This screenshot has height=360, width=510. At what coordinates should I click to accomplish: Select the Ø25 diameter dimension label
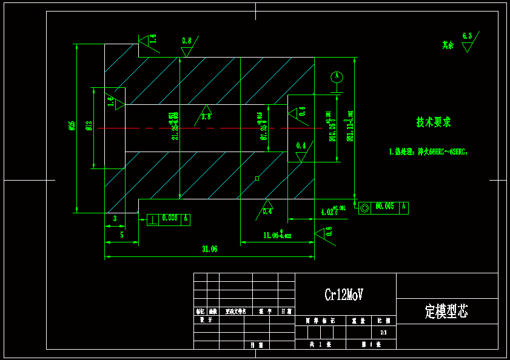72,125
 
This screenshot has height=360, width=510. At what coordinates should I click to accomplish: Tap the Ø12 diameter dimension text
89,125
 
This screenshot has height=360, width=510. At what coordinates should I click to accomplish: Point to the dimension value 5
122,235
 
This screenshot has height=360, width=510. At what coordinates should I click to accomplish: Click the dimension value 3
115,218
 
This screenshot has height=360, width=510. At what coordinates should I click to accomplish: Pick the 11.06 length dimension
277,235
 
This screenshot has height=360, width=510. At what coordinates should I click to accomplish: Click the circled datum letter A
337,77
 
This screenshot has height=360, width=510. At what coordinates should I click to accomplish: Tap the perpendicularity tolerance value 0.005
170,218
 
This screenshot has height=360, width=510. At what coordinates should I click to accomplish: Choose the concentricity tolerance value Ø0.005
384,207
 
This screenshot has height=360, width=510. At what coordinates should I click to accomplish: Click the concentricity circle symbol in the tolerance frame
364,208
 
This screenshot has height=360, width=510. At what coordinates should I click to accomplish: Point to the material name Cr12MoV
344,295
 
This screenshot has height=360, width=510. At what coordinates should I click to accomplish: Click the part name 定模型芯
446,312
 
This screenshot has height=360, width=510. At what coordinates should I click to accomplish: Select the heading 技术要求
434,122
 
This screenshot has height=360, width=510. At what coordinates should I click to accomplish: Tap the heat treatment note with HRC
428,152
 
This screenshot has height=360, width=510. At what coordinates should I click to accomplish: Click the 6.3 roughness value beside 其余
467,36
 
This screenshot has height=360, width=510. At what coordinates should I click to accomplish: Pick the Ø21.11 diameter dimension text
350,129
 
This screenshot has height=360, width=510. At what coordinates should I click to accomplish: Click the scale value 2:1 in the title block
383,333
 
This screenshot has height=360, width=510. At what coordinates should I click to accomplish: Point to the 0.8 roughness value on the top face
187,41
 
